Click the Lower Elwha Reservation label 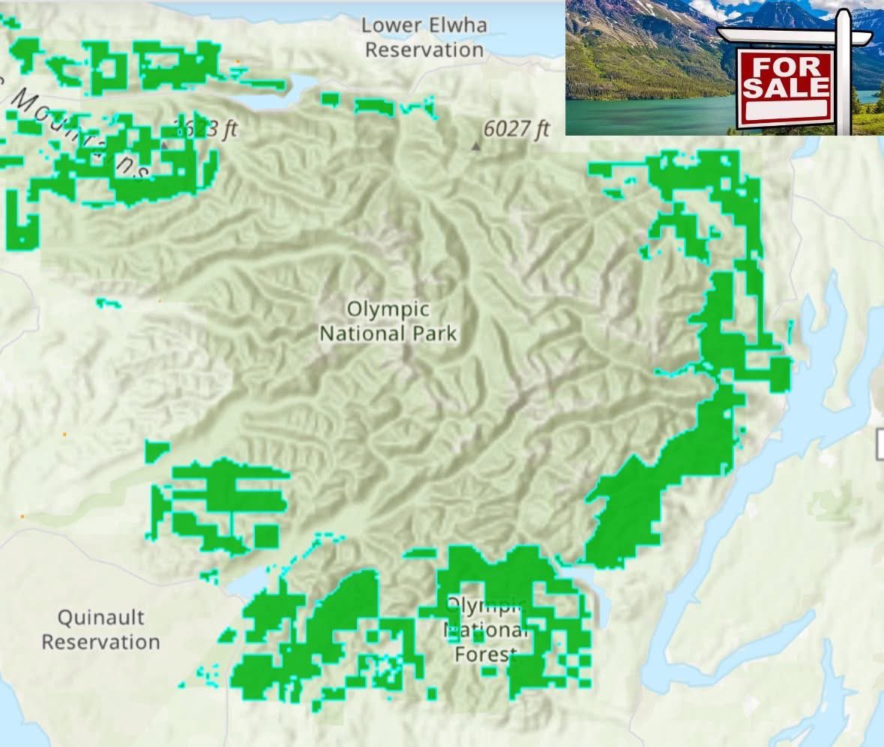coord(424,37)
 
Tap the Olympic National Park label coord(388,321)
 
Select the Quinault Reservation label coord(100,630)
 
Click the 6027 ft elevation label coord(517,129)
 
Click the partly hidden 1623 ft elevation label coord(206,129)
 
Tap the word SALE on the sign coord(786,88)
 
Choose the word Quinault coord(100,619)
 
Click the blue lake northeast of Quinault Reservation coord(247,585)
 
